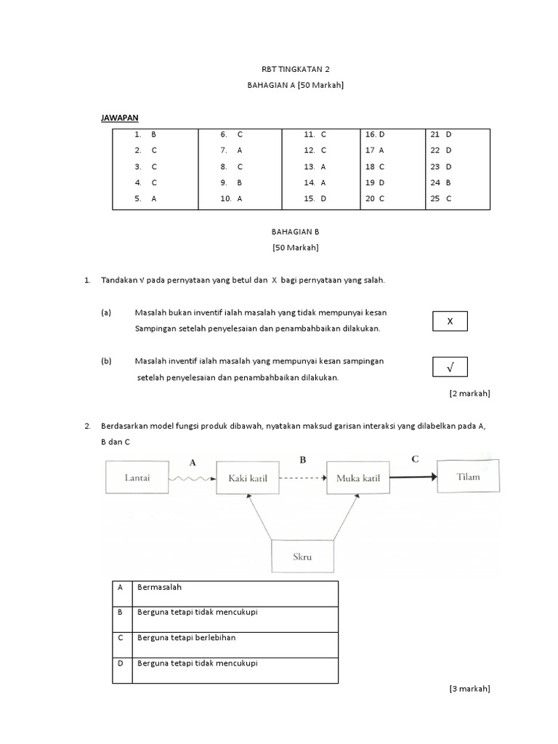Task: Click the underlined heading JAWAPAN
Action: point(119,118)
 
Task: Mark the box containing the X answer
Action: point(450,321)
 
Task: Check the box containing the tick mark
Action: point(450,367)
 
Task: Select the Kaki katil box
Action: point(247,478)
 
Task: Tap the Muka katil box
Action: point(358,478)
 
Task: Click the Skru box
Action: point(304,557)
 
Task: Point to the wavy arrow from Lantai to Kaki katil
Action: point(192,478)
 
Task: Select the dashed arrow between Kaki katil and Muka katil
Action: point(302,478)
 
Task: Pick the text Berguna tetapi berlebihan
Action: point(187,637)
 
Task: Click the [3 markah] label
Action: point(469,688)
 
